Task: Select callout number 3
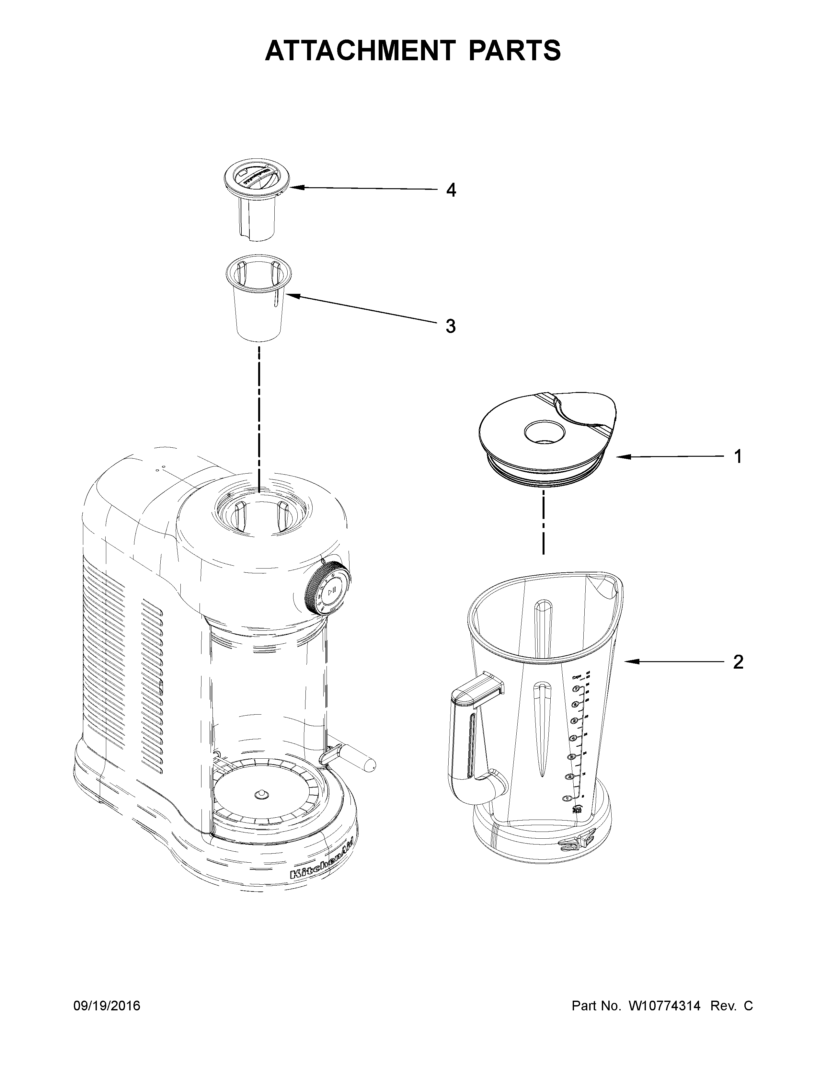tap(451, 326)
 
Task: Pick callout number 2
tap(738, 662)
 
